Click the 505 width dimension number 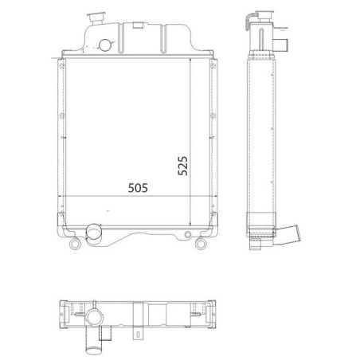pos(138,188)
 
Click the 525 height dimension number pos(182,166)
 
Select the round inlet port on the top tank pos(104,45)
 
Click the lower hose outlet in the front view pos(94,234)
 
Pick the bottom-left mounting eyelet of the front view pos(75,244)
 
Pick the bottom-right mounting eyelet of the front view pos(201,244)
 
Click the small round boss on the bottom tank pos(188,234)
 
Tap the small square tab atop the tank pos(138,25)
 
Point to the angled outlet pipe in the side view pos(288,236)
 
